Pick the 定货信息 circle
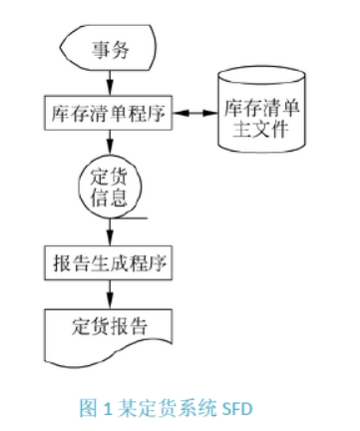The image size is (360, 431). click(x=108, y=186)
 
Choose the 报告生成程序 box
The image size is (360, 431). click(x=108, y=265)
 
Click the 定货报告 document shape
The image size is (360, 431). click(x=108, y=329)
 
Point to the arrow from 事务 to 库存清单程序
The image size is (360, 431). click(x=108, y=84)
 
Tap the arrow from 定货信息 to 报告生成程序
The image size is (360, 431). click(x=108, y=231)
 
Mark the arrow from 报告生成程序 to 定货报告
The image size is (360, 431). click(x=108, y=295)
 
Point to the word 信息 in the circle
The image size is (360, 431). click(x=108, y=198)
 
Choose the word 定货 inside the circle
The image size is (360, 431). click(x=108, y=175)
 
